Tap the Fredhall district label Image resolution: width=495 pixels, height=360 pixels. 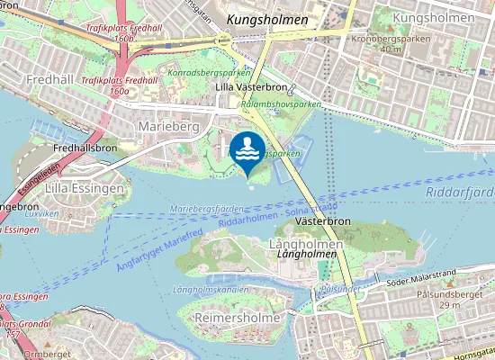pyautogui.click(x=25, y=79)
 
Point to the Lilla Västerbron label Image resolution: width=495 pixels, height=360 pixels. pyautogui.click(x=250, y=87)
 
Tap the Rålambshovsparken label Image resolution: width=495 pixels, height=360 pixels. pyautogui.click(x=281, y=104)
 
